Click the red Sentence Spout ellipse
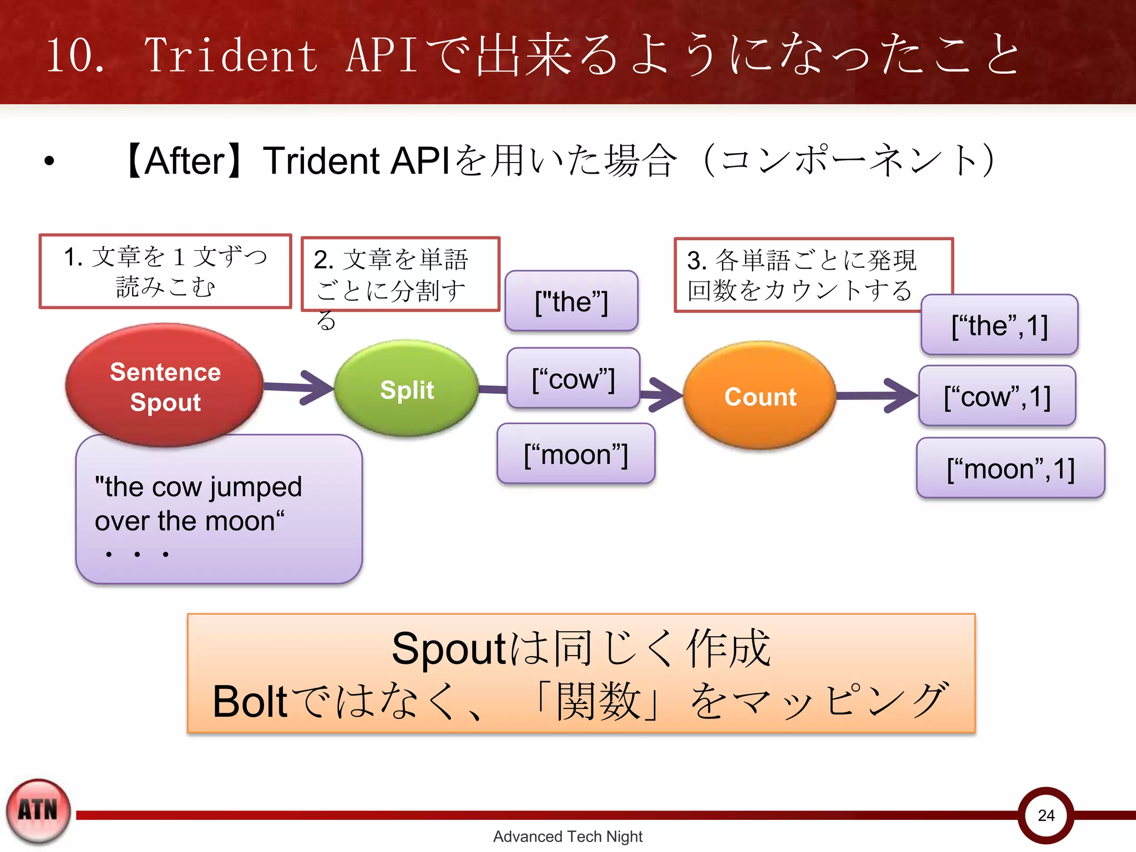coord(165,386)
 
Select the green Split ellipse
coord(407,389)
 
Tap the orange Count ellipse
coord(760,396)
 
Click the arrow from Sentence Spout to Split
coord(300,387)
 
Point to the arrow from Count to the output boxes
coord(876,395)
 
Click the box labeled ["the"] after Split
coord(571,301)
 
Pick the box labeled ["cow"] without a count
coord(574,379)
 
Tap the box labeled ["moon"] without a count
coord(576,454)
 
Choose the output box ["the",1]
coord(999,325)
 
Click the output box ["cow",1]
coord(997,396)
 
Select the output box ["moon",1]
coord(1010,468)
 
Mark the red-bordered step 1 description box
coord(165,271)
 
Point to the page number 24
coord(1046,815)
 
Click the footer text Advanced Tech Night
coord(567,836)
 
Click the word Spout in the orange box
coord(448,648)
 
